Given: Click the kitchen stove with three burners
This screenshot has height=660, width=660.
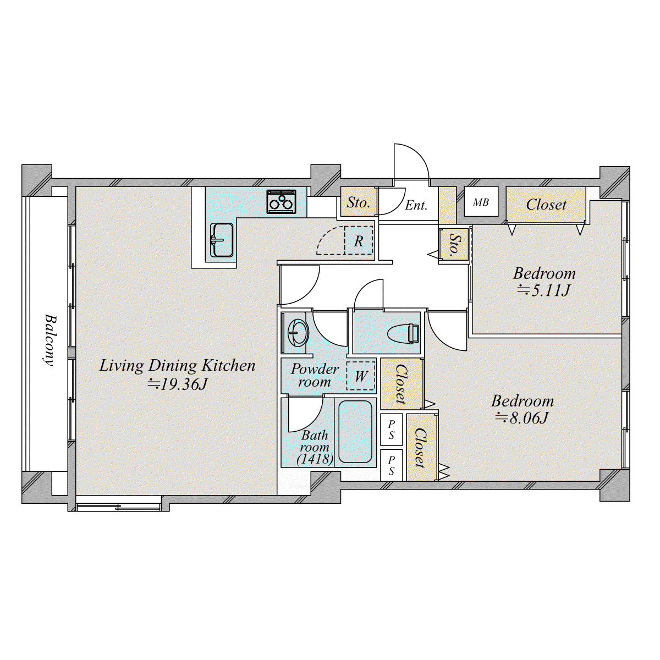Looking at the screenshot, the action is click(x=282, y=202).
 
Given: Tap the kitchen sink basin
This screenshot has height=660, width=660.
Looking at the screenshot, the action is click(x=222, y=240).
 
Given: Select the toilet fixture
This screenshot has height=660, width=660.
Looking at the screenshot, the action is click(x=404, y=333).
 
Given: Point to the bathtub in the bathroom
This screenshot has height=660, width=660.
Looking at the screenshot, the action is click(x=355, y=432).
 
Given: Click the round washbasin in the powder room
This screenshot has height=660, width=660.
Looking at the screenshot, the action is click(x=298, y=333).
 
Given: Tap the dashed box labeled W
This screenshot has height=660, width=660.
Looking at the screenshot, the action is click(x=361, y=376).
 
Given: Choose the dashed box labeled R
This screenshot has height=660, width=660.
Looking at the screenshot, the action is click(x=359, y=240).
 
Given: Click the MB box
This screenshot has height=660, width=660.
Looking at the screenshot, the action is click(x=481, y=202).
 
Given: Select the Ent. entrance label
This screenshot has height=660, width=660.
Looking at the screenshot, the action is click(x=416, y=205).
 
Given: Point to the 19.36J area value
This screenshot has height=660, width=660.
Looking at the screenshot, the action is click(x=178, y=384).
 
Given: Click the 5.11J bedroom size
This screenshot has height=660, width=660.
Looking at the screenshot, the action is click(x=543, y=290).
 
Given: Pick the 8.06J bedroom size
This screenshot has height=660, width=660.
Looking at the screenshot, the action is click(x=522, y=417).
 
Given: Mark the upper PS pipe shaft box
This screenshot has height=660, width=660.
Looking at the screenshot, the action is click(x=392, y=430).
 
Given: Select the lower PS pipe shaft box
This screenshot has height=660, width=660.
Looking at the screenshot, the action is click(x=392, y=465).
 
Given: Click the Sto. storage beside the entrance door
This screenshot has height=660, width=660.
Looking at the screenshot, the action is click(x=359, y=202).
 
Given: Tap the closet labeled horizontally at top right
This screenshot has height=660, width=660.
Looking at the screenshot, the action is click(x=546, y=205).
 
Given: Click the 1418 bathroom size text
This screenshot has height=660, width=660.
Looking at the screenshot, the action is click(x=315, y=459).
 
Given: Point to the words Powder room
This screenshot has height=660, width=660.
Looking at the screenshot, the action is click(x=315, y=375).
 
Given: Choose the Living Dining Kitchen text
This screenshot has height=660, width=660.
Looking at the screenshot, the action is click(x=178, y=365).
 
